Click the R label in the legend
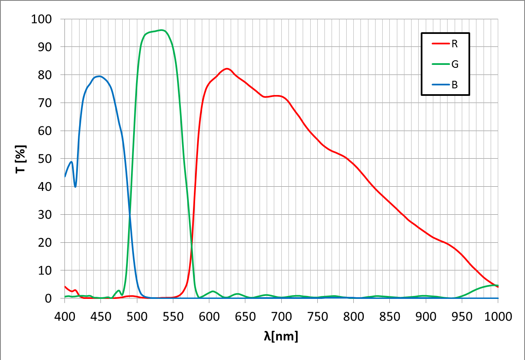pos(455,44)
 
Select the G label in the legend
pos(455,64)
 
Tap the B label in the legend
pos(455,85)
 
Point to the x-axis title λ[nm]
pos(281,336)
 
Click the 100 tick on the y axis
pos(41,19)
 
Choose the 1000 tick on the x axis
pos(498,316)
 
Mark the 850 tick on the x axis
pos(390,316)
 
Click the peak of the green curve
pos(161,30)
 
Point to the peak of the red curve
pos(227,68)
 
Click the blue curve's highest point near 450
pos(99,76)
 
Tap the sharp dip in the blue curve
pos(75,187)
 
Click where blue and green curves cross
pos(130,215)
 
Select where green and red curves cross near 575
pos(192,245)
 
